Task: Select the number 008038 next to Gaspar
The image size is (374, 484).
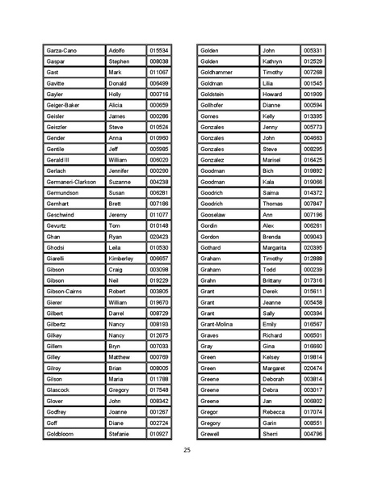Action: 159,61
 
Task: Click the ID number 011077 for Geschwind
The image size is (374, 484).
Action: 159,214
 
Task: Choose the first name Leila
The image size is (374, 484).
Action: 116,247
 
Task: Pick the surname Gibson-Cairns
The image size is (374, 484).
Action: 66,291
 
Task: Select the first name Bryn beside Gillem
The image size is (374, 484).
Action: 116,346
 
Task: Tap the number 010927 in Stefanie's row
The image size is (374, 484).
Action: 159,434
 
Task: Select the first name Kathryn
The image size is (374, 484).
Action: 273,61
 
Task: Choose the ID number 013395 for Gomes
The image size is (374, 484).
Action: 313,116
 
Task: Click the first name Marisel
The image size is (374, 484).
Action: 272,160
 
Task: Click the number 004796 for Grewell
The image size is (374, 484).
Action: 313,434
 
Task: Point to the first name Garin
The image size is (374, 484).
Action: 270,423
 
